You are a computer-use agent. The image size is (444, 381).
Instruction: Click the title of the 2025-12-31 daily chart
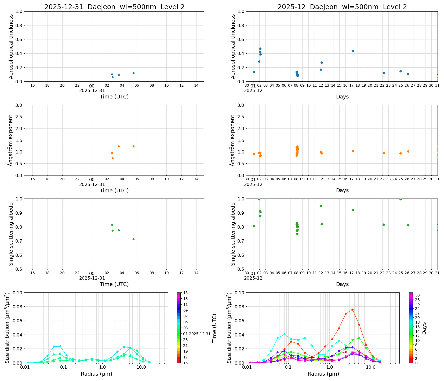(114, 7)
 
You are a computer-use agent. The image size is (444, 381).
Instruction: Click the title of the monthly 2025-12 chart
(342, 7)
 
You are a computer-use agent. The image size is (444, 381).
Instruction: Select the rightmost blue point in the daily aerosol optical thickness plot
(133, 73)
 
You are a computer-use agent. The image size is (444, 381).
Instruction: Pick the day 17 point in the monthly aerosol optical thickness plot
(353, 51)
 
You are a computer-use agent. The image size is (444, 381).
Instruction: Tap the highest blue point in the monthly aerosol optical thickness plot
(260, 49)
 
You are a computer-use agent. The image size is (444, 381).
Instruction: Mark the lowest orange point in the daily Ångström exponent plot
(112, 158)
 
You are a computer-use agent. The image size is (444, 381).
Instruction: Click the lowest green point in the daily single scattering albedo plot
(133, 239)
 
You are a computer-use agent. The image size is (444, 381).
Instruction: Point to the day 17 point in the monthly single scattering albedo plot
(353, 210)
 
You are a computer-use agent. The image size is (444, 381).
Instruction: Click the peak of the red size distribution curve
(352, 310)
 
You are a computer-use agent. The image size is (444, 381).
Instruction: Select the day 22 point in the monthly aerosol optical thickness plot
(384, 73)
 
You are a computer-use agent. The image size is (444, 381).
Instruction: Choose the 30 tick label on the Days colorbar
(417, 295)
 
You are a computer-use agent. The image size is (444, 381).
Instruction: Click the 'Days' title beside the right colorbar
(424, 328)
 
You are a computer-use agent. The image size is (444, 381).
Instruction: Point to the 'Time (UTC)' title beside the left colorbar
(214, 328)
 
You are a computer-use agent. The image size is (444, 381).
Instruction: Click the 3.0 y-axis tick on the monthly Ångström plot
(241, 105)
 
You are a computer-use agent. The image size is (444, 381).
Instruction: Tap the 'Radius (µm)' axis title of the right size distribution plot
(323, 374)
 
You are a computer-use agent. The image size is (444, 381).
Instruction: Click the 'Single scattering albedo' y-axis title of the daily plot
(11, 234)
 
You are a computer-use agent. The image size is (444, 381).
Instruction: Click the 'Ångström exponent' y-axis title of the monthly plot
(232, 140)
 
